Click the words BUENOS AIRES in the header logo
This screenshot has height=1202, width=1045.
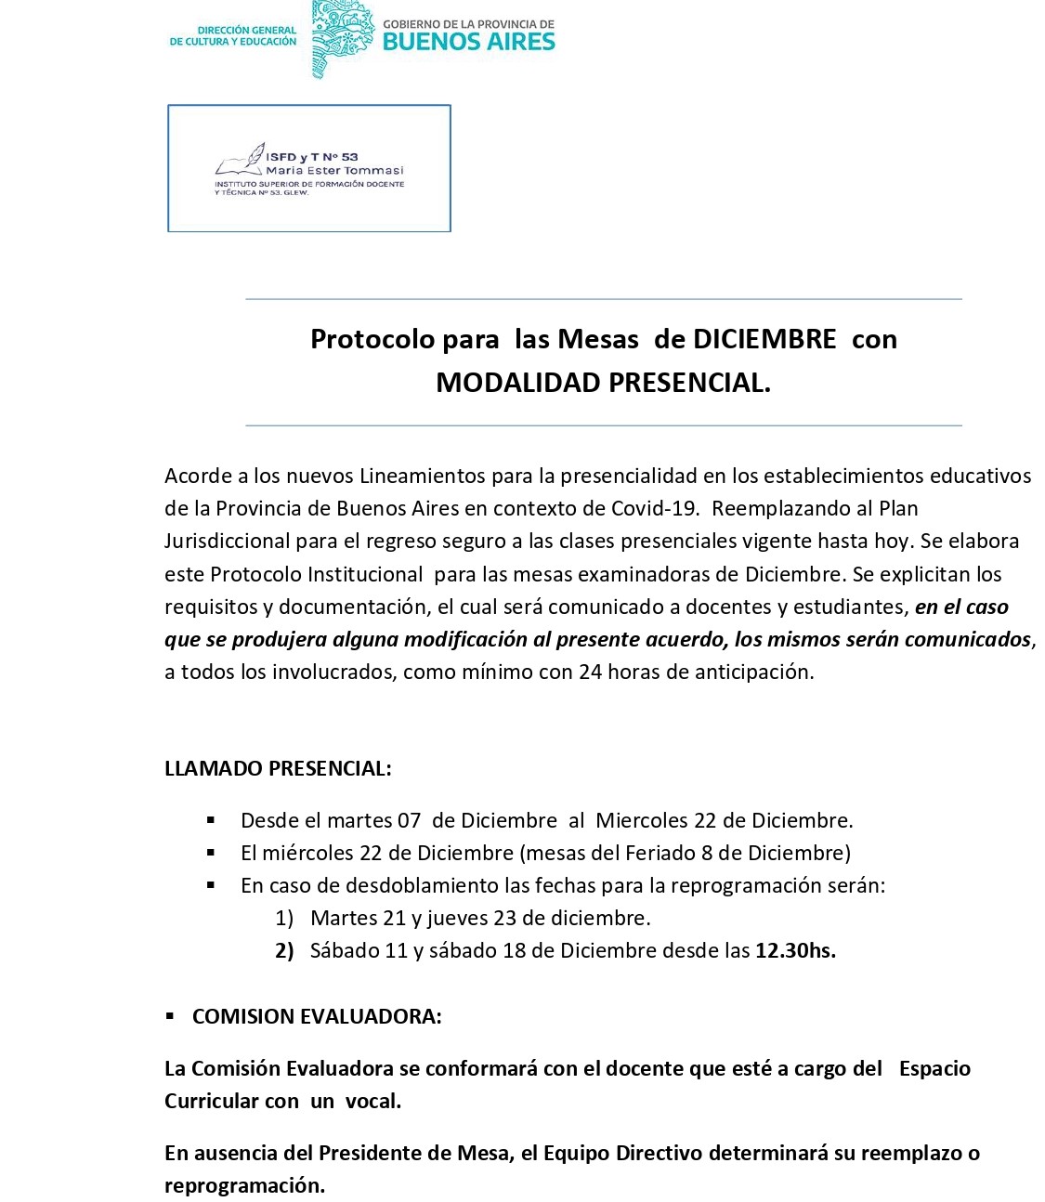point(468,42)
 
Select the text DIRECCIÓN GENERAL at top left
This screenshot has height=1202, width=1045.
point(246,30)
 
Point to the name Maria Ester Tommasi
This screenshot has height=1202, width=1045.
point(334,171)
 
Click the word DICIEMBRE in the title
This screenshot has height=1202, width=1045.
point(764,339)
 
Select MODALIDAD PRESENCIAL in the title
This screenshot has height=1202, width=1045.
point(603,383)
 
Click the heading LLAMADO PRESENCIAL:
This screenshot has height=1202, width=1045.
point(278,769)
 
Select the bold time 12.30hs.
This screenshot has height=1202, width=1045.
point(795,951)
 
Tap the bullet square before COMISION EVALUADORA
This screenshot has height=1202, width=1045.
point(170,1016)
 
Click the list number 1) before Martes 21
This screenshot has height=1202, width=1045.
point(284,919)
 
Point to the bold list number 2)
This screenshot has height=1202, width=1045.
point(284,951)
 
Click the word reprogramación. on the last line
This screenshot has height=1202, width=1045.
point(245,1186)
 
